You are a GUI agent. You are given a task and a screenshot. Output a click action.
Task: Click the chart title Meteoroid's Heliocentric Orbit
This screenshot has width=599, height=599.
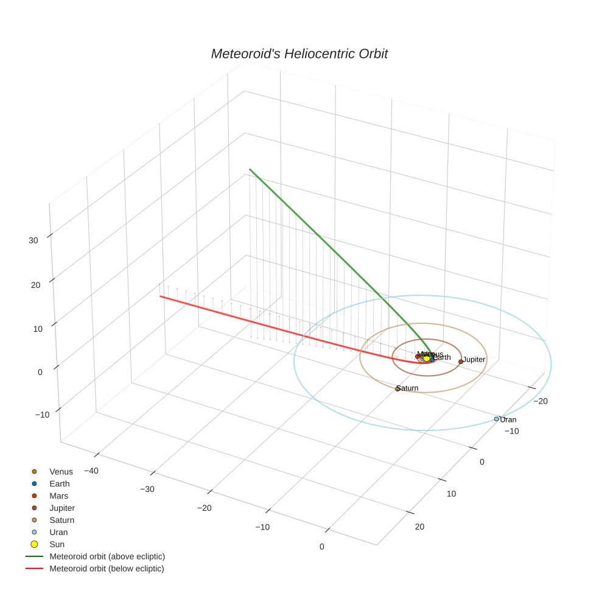click(x=299, y=54)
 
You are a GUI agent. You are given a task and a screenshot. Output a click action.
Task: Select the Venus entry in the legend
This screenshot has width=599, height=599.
click(x=61, y=472)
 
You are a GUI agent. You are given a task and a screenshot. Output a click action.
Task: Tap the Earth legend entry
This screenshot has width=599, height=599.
click(x=60, y=484)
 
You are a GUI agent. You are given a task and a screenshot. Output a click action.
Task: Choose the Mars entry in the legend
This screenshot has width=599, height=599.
click(x=59, y=496)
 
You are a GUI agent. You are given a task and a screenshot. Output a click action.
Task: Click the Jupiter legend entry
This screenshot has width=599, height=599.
click(x=62, y=508)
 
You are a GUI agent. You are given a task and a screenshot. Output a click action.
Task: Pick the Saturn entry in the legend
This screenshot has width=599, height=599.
click(x=61, y=520)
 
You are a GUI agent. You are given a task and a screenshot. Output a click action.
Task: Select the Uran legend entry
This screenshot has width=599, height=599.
click(x=58, y=533)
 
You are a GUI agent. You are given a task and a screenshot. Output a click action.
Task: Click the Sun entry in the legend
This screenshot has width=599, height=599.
click(x=57, y=545)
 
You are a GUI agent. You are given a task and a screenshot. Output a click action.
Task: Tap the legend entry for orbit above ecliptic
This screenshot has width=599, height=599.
click(x=107, y=556)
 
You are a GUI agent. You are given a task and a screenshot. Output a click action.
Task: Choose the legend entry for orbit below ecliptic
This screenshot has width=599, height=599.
click(x=107, y=569)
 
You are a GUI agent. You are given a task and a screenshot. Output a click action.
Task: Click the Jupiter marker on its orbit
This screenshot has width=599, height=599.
click(x=460, y=362)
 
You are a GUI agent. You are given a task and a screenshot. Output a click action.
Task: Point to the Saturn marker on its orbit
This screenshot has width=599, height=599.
click(x=397, y=389)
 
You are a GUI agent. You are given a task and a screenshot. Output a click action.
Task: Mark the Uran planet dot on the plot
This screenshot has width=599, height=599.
click(x=496, y=419)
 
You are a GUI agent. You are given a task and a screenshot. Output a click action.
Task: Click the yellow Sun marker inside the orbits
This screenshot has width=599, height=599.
click(x=426, y=359)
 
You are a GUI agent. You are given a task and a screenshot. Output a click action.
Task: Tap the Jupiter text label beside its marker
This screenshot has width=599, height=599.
click(x=474, y=360)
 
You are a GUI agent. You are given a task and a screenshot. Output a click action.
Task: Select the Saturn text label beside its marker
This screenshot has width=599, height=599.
click(x=408, y=388)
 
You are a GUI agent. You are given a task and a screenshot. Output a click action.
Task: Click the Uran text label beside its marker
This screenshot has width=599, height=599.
click(x=508, y=420)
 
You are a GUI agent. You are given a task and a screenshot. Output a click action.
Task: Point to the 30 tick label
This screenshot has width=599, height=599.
click(x=33, y=240)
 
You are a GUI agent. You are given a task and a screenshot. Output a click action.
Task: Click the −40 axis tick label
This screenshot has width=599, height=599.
click(x=91, y=471)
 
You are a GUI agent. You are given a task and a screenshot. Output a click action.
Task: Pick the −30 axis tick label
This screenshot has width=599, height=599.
click(x=147, y=489)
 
